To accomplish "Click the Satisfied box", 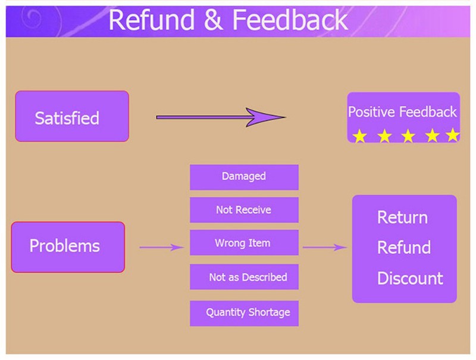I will coord(71,116).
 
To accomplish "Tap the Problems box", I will coord(68,246).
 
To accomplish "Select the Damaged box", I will coord(244,177).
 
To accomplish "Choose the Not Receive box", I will coord(244,210).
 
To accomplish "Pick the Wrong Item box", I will coord(244,243).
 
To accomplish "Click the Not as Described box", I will coord(244,277).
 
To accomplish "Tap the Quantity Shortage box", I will coord(244,312).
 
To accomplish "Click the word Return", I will coord(402,217).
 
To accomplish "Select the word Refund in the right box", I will coord(404,248).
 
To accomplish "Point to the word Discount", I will coord(410,278).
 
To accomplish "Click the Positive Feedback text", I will coord(402,112).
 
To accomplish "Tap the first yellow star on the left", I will coord(359,136).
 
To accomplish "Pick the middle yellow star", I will coord(408,136).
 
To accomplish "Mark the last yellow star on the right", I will coord(453,136).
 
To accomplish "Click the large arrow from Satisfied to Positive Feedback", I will coord(221,117).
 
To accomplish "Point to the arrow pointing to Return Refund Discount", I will coord(324,247).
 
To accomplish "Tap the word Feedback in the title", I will coord(290,20).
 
